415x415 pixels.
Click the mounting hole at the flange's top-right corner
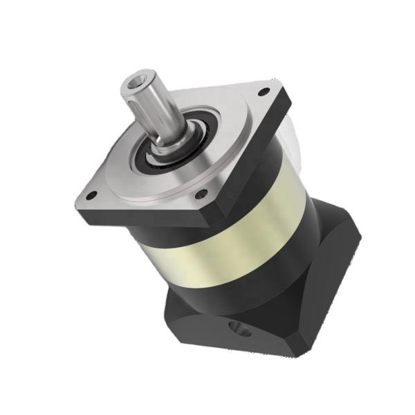pyautogui.click(x=263, y=93)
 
